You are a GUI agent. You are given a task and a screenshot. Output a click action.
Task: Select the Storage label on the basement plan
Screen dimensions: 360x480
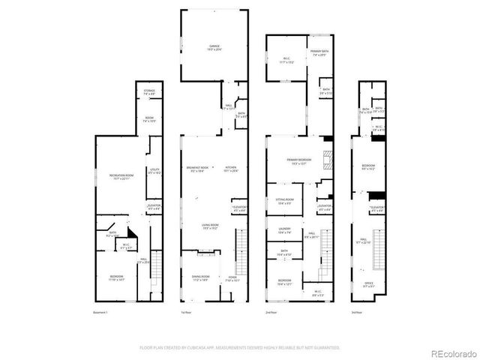tap(148, 91)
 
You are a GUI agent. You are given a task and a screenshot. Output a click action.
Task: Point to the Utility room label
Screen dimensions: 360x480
tap(154, 171)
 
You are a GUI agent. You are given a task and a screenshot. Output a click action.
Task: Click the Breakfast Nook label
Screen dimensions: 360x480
tap(198, 168)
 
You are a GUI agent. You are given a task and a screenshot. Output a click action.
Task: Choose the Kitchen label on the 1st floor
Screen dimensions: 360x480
tap(231, 168)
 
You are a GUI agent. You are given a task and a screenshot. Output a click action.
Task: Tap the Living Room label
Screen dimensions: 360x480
tap(209, 226)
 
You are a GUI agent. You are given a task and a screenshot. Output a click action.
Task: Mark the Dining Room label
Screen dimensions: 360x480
tap(200, 277)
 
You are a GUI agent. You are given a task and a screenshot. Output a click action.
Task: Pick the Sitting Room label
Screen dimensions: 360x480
tap(284, 202)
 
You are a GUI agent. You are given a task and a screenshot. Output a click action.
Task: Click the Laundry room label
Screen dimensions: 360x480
tap(284, 230)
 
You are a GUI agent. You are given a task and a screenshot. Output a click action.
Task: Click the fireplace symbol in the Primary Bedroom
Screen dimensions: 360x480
tap(325, 158)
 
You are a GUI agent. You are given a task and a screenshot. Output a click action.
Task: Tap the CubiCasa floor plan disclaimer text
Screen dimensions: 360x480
tap(240, 348)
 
